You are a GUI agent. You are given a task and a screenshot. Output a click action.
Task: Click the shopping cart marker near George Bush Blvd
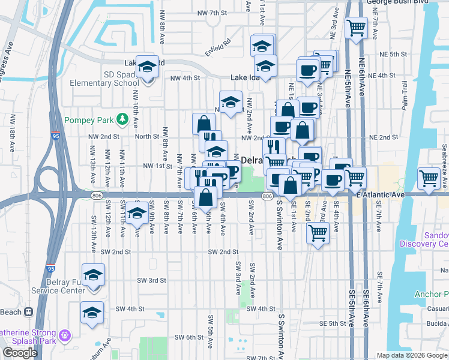[357, 28]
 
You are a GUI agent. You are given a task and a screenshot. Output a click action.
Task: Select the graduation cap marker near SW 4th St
[92, 313]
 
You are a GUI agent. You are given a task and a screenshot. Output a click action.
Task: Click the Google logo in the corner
[20, 353]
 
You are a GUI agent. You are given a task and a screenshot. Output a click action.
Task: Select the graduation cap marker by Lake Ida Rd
[147, 67]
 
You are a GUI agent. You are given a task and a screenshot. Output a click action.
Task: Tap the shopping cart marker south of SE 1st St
[317, 234]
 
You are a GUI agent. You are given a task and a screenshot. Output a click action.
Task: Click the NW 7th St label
[214, 12]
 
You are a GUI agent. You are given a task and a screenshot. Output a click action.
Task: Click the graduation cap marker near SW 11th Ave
[137, 213]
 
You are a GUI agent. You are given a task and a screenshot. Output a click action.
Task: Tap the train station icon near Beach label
[28, 312]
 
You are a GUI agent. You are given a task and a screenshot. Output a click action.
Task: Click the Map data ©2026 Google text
[412, 355]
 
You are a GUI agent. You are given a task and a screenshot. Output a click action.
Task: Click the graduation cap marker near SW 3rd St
[93, 275]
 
